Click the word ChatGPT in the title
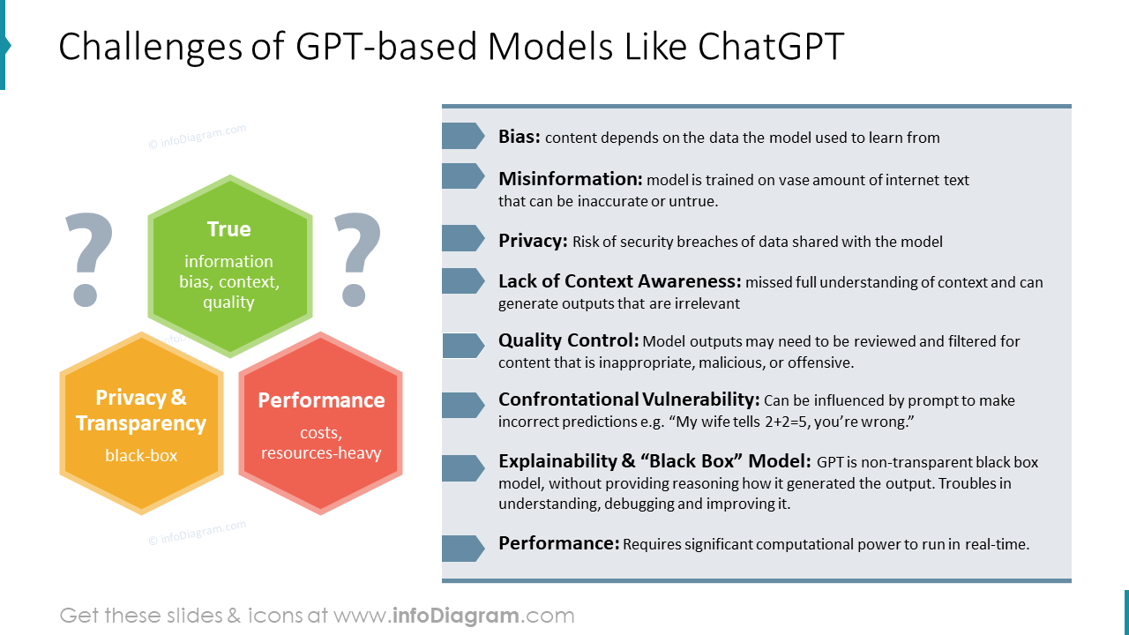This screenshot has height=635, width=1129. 771,47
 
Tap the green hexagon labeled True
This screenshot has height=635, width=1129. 230,266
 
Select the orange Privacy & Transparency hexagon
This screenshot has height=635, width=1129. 142,423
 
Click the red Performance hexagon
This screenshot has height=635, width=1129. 320,423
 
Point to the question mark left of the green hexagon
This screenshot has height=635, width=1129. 89,259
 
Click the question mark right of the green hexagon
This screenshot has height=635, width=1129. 357,259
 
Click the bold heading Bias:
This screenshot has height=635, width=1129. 520,137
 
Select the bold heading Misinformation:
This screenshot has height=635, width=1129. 571,179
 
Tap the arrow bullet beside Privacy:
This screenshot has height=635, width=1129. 463,238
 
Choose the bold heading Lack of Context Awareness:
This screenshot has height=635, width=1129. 620,281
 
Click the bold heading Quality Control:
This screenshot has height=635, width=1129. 569,340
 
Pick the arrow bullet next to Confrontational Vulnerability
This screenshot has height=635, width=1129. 463,405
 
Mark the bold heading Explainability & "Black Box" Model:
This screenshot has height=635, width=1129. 654,461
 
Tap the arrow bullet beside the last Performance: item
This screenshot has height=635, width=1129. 463,549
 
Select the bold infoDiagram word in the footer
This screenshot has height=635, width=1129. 456,616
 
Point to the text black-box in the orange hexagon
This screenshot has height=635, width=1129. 141,456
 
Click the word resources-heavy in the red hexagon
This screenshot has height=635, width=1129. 321,453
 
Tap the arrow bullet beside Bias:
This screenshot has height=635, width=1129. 463,136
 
